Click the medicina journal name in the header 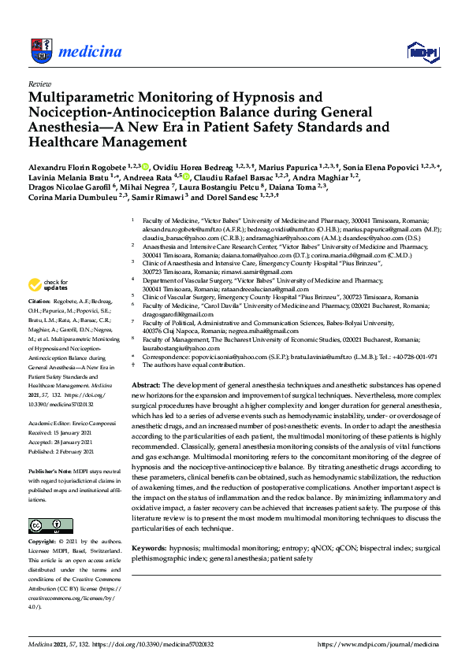(91, 51)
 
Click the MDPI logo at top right (422, 52)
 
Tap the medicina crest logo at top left (42, 50)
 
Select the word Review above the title (39, 83)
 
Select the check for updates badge (49, 284)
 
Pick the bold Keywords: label (149, 546)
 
